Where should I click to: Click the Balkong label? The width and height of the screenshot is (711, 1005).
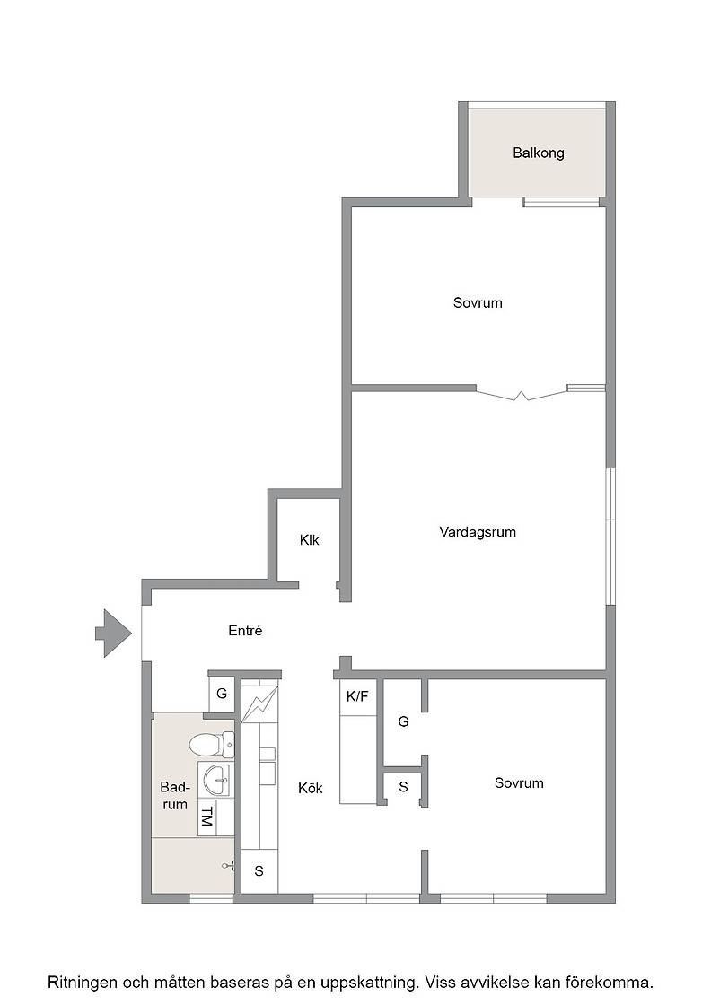(x=538, y=153)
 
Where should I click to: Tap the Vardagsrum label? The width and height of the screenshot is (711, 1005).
(x=478, y=532)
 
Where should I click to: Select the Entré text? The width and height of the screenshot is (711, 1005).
(x=245, y=631)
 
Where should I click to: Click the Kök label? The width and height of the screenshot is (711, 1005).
(x=311, y=789)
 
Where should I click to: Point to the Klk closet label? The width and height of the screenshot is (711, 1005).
(x=309, y=540)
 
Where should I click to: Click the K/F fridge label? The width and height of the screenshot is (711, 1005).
(x=357, y=696)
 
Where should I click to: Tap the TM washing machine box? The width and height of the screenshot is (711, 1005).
(x=206, y=817)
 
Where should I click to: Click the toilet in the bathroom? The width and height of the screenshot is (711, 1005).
(x=212, y=744)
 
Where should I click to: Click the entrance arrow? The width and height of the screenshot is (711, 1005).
(x=114, y=634)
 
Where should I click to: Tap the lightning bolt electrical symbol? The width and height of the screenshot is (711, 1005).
(x=259, y=704)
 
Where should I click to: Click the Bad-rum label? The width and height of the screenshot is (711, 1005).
(x=174, y=795)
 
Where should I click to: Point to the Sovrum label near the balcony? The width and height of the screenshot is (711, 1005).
(x=478, y=303)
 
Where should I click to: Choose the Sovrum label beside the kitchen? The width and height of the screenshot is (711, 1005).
(x=519, y=783)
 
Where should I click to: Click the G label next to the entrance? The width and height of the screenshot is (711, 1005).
(x=222, y=694)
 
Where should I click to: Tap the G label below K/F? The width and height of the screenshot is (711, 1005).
(x=403, y=721)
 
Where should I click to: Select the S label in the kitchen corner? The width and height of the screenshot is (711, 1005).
(x=259, y=871)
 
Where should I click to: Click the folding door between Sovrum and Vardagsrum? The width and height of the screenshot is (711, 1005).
(x=522, y=393)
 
